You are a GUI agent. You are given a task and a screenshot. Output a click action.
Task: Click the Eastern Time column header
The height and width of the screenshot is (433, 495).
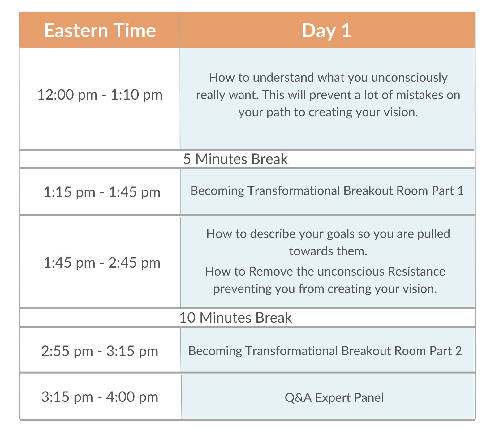100,31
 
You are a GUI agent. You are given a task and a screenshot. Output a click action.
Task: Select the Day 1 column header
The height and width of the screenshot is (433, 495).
326,31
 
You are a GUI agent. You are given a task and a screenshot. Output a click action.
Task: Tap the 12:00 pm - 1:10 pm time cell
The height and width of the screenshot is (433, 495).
100,95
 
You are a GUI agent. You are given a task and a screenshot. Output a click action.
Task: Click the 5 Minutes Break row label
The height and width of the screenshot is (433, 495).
235,159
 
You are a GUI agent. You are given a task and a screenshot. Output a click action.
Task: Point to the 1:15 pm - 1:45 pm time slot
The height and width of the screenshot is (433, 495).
102,192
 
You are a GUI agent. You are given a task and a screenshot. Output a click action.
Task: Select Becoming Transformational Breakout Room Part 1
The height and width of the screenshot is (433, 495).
327,191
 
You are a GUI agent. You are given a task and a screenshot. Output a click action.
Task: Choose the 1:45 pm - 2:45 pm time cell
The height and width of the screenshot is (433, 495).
102,263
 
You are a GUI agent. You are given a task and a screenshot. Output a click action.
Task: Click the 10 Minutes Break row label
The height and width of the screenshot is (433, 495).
235,318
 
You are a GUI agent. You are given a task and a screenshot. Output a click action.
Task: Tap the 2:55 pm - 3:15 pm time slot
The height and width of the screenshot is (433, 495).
100,351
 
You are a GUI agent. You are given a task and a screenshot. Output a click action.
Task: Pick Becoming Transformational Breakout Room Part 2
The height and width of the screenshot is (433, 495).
325,351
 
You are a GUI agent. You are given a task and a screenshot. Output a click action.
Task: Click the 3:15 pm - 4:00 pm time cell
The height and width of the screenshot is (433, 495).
100,397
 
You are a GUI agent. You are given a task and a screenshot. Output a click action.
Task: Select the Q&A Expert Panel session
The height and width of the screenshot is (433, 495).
334,397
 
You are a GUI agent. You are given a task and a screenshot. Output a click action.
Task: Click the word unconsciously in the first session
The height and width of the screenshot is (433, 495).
409,77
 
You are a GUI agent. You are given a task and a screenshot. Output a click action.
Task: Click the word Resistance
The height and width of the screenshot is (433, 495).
416,271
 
